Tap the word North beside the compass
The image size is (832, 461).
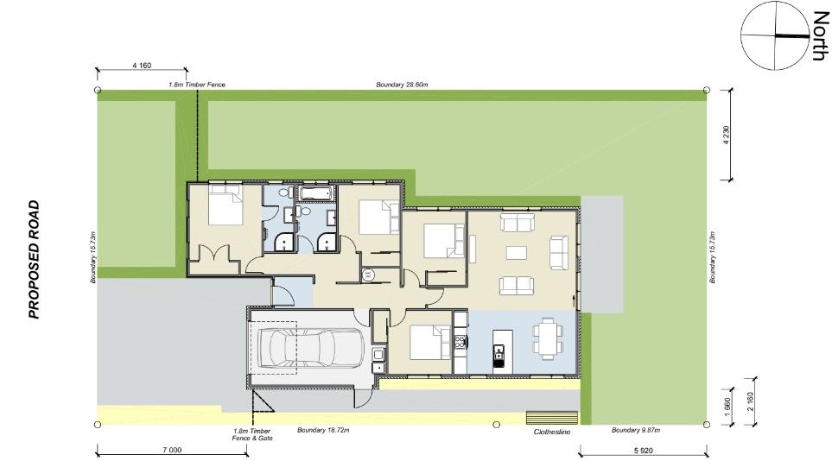pyautogui.click(x=817, y=35)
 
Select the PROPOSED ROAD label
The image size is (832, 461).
pyautogui.click(x=35, y=259)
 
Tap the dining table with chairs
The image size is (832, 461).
pyautogui.click(x=545, y=337)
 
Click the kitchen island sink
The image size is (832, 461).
pyautogui.click(x=499, y=351)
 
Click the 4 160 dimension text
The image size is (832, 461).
pyautogui.click(x=143, y=65)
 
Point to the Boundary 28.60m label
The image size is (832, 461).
pyautogui.click(x=403, y=85)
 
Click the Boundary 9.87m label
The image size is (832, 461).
pyautogui.click(x=635, y=430)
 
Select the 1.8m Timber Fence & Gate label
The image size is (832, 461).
pyautogui.click(x=252, y=434)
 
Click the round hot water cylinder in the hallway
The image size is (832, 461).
pyautogui.click(x=367, y=275)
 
